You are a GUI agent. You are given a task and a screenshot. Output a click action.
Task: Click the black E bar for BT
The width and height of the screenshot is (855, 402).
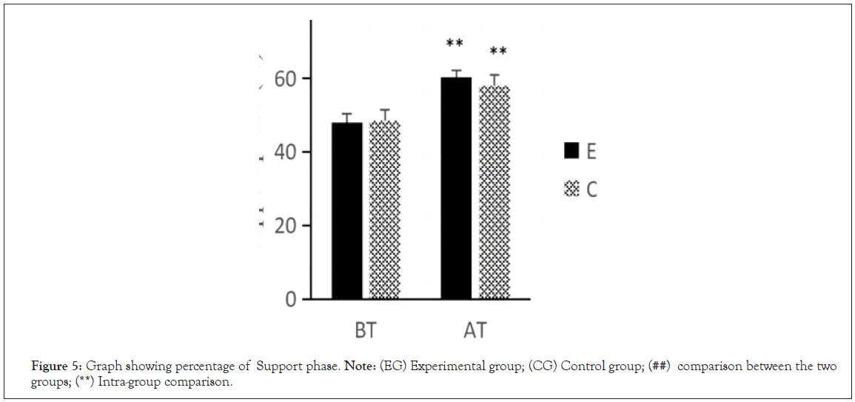pos(346,211)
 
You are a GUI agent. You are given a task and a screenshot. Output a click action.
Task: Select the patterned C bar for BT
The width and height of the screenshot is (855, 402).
pos(385,211)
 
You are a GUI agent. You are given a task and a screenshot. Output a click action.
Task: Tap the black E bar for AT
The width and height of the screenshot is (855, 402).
pos(456,189)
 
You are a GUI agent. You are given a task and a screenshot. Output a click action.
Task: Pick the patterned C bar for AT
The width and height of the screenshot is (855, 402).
pos(494,192)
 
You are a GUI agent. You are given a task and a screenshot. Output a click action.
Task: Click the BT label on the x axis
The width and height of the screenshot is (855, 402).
pos(365,329)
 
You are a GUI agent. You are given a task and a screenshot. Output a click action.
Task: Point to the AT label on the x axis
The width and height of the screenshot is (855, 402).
pos(475,329)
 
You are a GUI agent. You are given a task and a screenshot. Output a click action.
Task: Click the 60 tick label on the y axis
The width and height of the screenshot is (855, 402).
pos(285,78)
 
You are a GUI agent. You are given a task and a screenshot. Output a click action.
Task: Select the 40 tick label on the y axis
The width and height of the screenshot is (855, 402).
pos(285,152)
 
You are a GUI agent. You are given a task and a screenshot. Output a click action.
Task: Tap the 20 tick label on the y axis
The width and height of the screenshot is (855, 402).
pos(285,226)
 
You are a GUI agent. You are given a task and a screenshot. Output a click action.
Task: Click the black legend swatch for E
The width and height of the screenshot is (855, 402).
pos(571,151)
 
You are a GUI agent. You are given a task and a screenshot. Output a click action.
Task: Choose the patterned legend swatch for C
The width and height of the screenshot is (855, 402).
pos(571,190)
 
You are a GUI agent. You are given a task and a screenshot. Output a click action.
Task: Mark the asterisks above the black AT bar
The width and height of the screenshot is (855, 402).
pos(455,44)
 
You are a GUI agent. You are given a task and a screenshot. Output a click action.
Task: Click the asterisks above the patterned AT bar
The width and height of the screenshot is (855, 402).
pos(498,52)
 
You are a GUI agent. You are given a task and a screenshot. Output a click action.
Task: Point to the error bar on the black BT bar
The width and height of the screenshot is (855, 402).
pos(346,117)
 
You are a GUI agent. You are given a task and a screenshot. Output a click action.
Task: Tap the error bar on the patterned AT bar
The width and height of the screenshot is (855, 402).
pos(494,79)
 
